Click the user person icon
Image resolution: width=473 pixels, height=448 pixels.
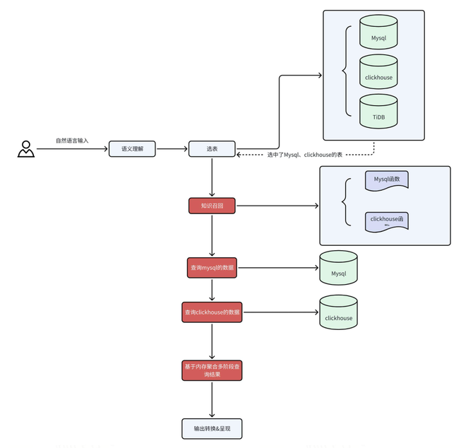coord(26,149)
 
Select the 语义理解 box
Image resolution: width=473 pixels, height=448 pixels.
coord(132,149)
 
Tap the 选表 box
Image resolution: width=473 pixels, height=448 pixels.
coord(212,149)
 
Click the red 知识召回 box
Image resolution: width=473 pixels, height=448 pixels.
coord(212,206)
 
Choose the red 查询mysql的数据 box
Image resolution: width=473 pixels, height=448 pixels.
coord(212,268)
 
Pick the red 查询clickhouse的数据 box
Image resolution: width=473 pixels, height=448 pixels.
coord(212,312)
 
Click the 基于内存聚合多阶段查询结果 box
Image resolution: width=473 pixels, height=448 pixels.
coord(212,370)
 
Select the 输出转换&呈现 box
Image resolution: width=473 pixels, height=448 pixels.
coord(212,428)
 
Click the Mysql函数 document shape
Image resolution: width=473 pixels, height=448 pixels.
coord(386,181)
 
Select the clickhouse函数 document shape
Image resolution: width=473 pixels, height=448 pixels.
coord(386,220)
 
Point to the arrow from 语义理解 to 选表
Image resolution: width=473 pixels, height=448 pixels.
coord(172,149)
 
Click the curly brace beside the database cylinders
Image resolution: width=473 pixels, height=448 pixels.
coord(345,71)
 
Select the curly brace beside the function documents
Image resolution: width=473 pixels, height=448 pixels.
coord(345,202)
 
